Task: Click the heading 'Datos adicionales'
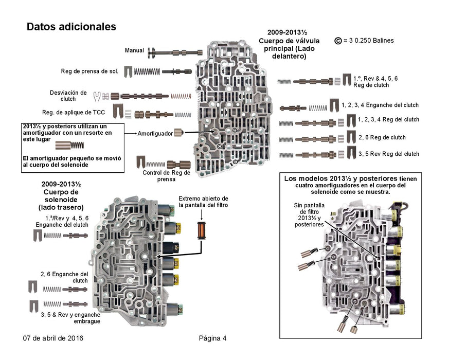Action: pos(71,26)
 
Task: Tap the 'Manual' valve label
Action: pos(134,50)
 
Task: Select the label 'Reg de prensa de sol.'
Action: pos(89,71)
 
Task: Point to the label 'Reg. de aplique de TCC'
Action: pos(75,112)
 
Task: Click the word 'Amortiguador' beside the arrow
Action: pos(155,133)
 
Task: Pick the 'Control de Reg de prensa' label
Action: pos(166,176)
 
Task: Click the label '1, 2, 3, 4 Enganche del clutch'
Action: pos(387,105)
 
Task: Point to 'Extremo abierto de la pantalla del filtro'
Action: pos(203,202)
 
